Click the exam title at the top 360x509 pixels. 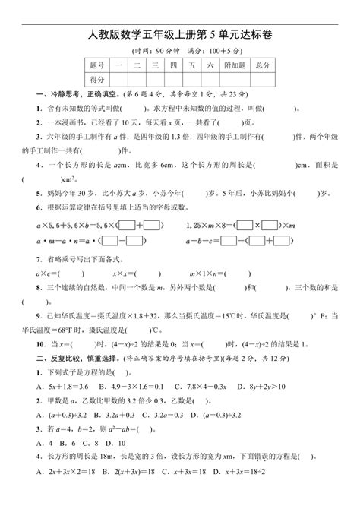click(179, 33)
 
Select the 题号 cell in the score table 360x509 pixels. click(96, 67)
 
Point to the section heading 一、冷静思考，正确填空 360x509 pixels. click(77, 93)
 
